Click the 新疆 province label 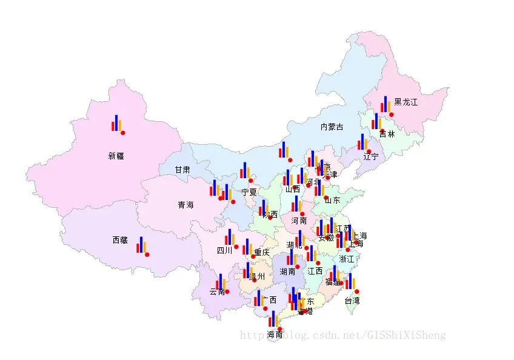[x=116, y=156]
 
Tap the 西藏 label [x=120, y=241]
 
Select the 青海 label [x=185, y=205]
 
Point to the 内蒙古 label [x=332, y=127]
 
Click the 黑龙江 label [x=406, y=102]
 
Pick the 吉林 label [x=387, y=134]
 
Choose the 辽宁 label [x=370, y=157]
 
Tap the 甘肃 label [x=182, y=170]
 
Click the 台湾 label [x=352, y=301]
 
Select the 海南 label [x=275, y=335]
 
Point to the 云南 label [x=217, y=292]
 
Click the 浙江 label [x=347, y=259]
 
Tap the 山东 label [x=332, y=201]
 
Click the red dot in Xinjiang [x=123, y=133]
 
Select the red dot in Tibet [x=147, y=255]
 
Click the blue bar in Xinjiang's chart [x=116, y=122]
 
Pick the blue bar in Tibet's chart [x=141, y=244]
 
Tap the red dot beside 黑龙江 [x=392, y=115]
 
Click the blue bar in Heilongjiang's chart [x=385, y=104]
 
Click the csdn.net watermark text [x=343, y=335]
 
